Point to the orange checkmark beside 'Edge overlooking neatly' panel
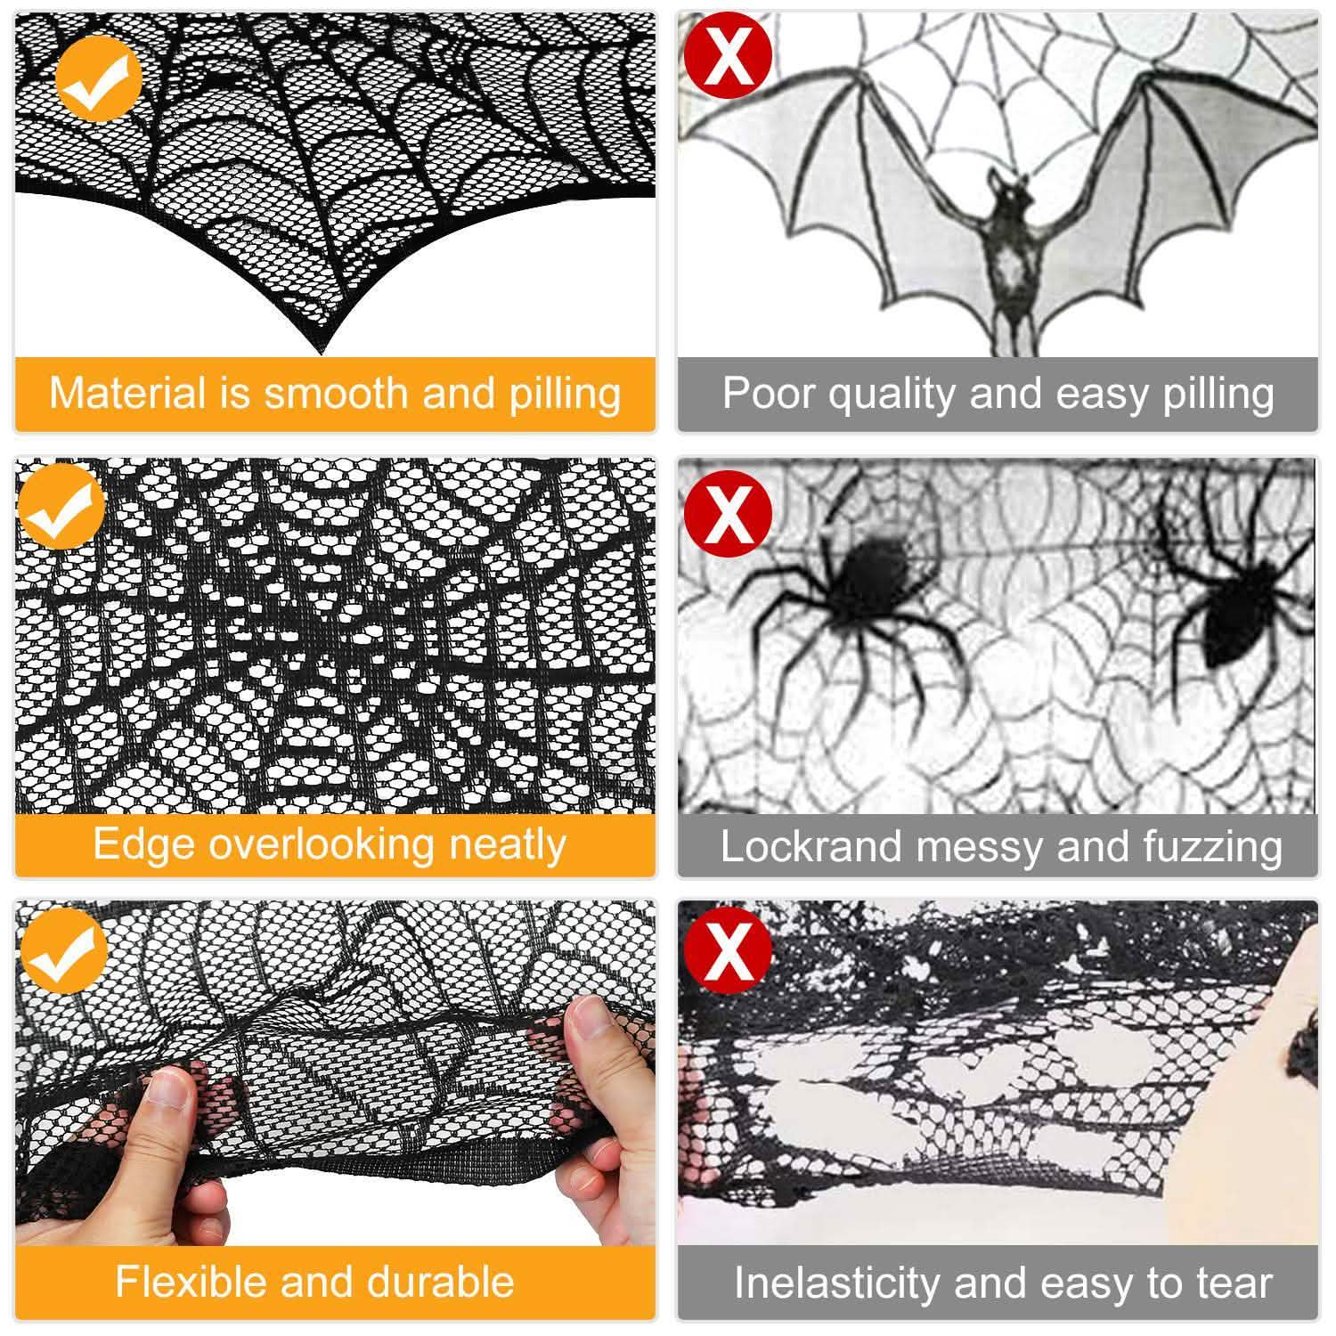[x=61, y=505]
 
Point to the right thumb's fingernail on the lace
[x=588, y=1015]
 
